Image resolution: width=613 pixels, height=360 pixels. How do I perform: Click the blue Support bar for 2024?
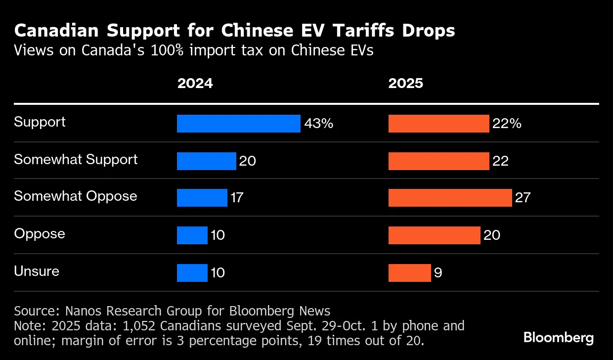(x=238, y=124)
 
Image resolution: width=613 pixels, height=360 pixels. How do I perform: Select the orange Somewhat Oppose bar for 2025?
(x=450, y=198)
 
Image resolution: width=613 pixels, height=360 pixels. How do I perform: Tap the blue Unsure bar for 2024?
(x=192, y=273)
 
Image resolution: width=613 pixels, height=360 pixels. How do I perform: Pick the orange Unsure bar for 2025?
(x=409, y=273)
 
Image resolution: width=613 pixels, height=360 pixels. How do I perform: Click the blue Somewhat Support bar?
(x=206, y=161)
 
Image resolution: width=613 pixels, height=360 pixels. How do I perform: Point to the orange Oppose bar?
(x=434, y=235)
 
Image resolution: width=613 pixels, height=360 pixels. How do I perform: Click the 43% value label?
(x=318, y=124)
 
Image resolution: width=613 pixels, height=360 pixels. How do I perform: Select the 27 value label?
(x=523, y=198)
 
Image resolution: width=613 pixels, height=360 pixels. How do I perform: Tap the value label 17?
(x=237, y=198)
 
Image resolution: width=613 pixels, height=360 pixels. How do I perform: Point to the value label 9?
(x=438, y=273)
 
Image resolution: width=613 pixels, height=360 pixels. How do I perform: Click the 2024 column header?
(x=195, y=83)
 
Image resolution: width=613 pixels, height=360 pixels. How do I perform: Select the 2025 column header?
(x=405, y=83)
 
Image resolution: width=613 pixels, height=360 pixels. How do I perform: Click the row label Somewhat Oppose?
(x=75, y=196)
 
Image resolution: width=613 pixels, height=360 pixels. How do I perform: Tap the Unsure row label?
(x=37, y=271)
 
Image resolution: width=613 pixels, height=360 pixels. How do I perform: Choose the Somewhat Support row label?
(x=76, y=160)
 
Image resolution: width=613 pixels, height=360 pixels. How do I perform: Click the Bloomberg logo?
(x=559, y=338)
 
